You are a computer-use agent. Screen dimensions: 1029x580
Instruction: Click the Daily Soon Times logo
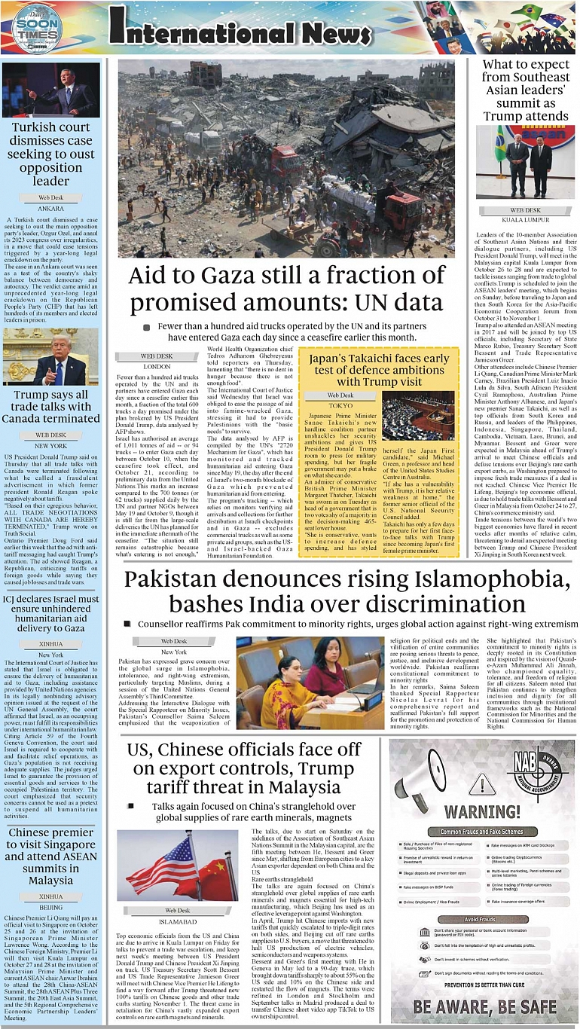coord(36,28)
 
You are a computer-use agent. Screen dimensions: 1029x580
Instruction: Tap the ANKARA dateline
coord(51,208)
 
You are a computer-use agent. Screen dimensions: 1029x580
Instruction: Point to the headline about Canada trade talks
coord(51,407)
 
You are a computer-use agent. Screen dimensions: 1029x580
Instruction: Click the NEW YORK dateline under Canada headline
coord(51,446)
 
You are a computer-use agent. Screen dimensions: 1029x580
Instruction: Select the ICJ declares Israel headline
coord(51,614)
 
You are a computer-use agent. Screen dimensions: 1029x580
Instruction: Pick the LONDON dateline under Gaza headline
coord(157,366)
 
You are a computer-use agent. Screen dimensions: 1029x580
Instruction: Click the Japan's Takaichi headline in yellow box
coord(378,370)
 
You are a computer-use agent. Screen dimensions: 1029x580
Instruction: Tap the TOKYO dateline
coord(340,405)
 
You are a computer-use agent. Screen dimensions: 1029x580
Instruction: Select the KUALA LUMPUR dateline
coord(525,221)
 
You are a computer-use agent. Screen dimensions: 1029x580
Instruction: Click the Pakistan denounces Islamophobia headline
coord(335,592)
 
